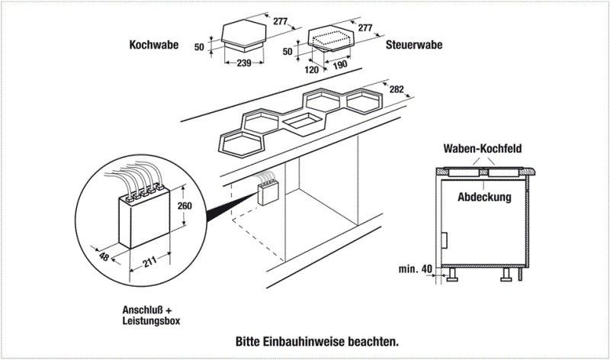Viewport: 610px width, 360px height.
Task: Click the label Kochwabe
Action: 153,45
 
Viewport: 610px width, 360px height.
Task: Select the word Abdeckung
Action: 483,197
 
